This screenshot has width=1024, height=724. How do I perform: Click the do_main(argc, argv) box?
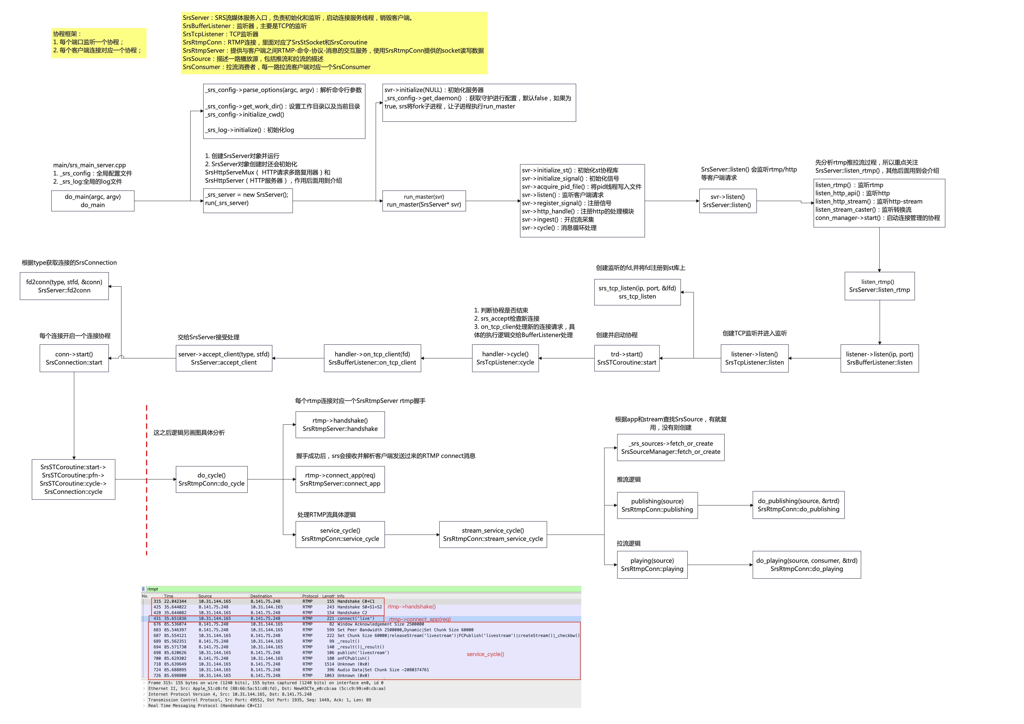click(x=93, y=201)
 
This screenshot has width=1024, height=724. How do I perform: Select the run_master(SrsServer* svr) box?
click(x=424, y=201)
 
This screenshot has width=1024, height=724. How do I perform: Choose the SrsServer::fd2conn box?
click(x=64, y=286)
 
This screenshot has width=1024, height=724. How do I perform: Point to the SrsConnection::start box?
click(x=74, y=358)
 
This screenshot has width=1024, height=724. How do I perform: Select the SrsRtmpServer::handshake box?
click(x=340, y=424)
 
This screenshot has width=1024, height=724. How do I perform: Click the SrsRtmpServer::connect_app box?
click(x=340, y=479)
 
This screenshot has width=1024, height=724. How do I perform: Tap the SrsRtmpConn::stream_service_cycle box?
click(x=493, y=535)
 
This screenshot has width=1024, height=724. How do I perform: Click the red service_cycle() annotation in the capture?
click(x=485, y=654)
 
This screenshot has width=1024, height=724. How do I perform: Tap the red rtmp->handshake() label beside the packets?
click(x=411, y=606)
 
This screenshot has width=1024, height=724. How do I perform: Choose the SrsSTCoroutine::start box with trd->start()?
click(x=627, y=358)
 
